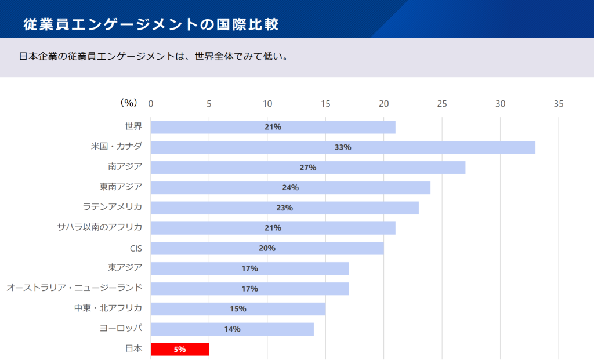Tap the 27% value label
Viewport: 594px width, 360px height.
[x=307, y=168]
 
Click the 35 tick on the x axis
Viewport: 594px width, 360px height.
[x=558, y=104]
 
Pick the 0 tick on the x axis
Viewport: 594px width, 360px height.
[x=151, y=104]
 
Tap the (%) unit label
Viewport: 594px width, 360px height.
[x=128, y=103]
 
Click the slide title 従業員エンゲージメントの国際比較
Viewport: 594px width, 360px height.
[x=151, y=24]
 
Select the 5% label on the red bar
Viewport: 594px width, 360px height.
[x=179, y=350]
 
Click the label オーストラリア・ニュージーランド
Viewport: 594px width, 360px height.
[x=74, y=288]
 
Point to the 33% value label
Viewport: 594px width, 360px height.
[x=342, y=147]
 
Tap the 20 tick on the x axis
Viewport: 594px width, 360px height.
[x=383, y=104]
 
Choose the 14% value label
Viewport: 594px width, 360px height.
[x=232, y=329]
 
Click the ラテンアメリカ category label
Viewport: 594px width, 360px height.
[x=113, y=207]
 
